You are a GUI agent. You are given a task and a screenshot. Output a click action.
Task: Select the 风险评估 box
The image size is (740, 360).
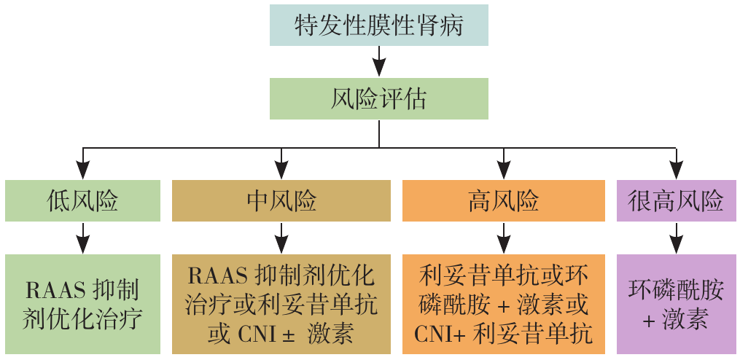click(378, 99)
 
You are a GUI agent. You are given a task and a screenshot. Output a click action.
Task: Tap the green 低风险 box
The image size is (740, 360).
click(82, 200)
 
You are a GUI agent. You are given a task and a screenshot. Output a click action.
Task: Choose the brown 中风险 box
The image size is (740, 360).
click(282, 200)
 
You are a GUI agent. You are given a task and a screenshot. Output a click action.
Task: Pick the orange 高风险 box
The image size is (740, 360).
click(503, 200)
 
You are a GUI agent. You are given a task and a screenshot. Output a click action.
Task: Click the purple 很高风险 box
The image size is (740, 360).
click(676, 200)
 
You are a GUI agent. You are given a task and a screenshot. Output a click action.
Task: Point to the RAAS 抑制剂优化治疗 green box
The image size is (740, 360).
click(82, 304)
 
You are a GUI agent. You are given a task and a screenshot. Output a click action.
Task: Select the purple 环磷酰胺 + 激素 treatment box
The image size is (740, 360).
click(676, 304)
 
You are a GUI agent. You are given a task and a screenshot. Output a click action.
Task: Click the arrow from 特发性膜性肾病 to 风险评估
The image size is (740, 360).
click(378, 62)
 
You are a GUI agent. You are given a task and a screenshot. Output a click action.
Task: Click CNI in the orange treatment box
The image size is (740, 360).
click(436, 334)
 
